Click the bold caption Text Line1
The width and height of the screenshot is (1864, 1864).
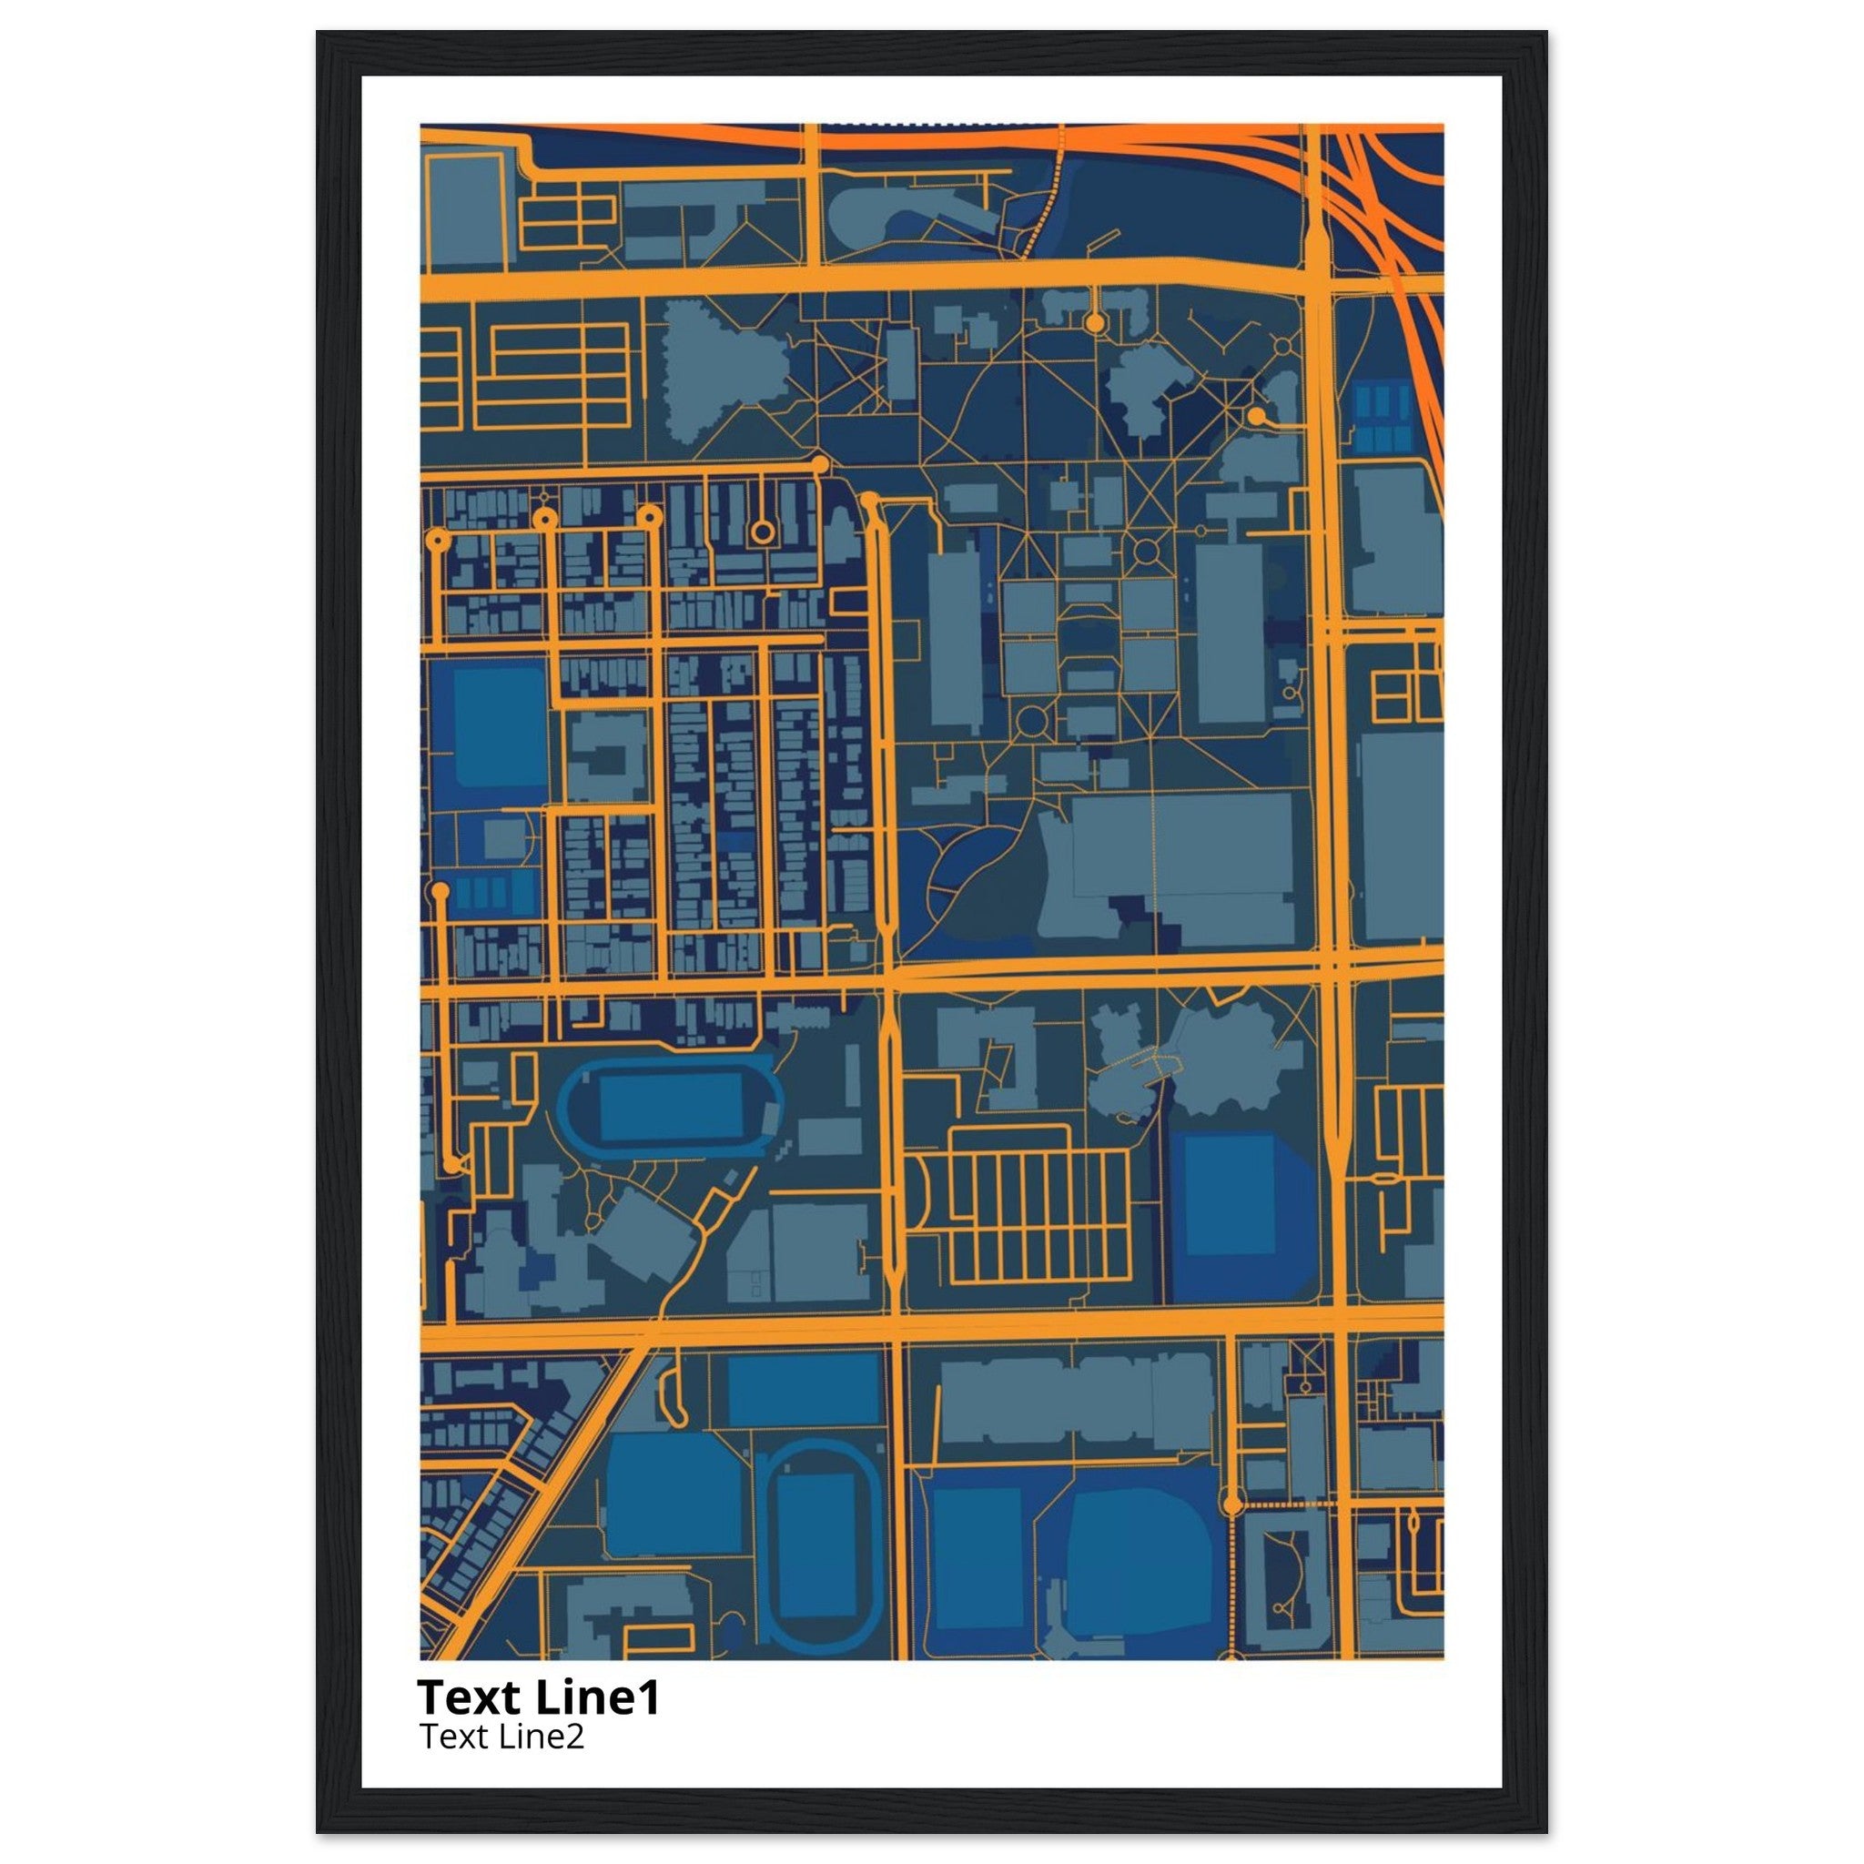click(x=539, y=1697)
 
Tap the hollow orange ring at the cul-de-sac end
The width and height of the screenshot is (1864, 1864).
click(x=762, y=531)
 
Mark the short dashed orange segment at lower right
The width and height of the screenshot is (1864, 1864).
click(x=1283, y=1504)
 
